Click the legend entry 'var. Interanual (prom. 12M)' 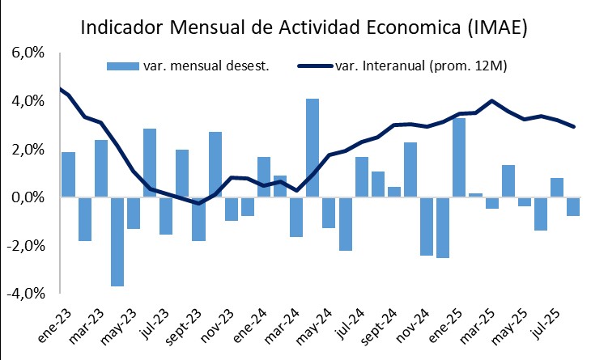tap(420, 66)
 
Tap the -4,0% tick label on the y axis tap(27, 293)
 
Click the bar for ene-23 tap(68, 175)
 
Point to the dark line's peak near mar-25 tap(492, 101)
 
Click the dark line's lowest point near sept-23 tap(198, 204)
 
